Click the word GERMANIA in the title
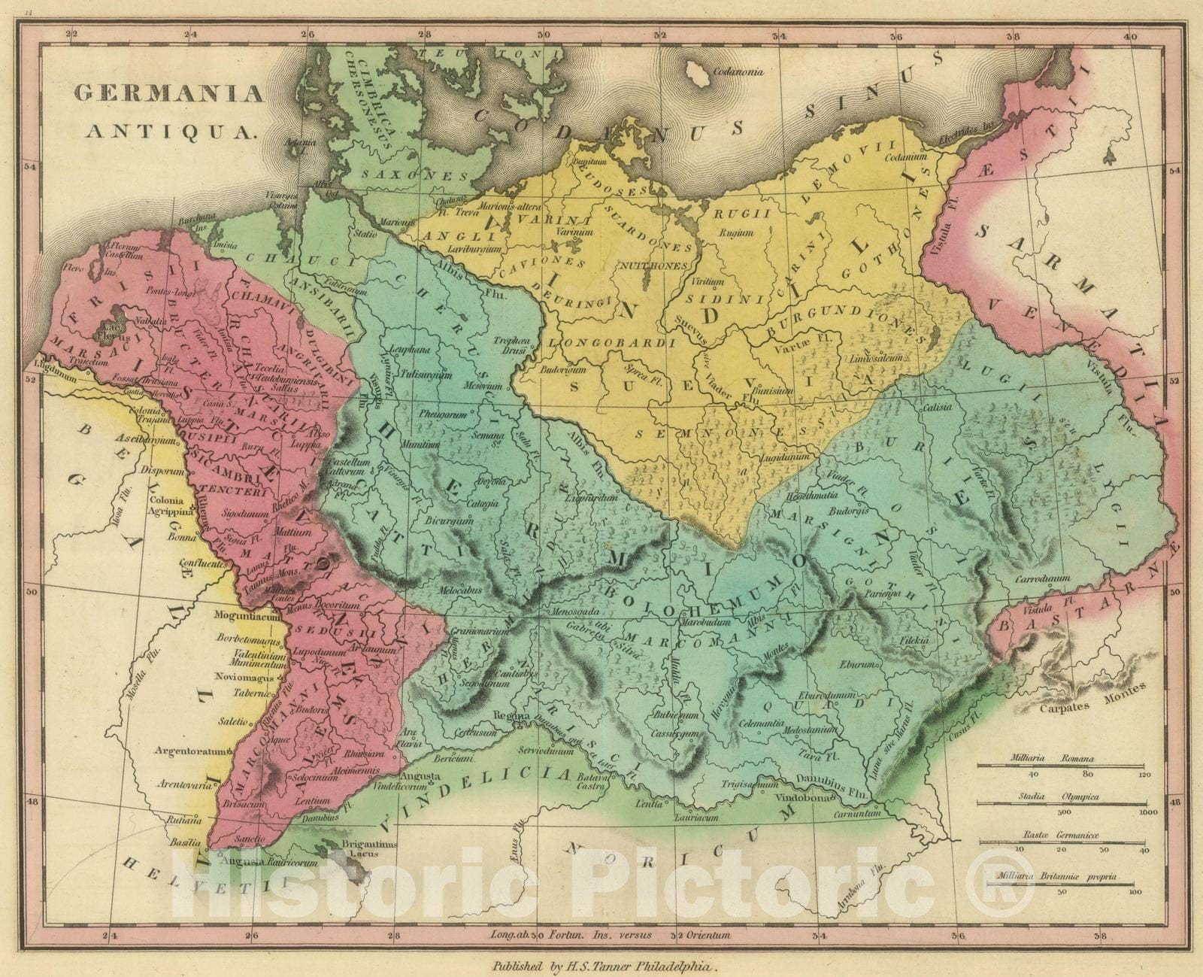168,93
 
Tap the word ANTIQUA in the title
172,131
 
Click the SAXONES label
405,174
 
